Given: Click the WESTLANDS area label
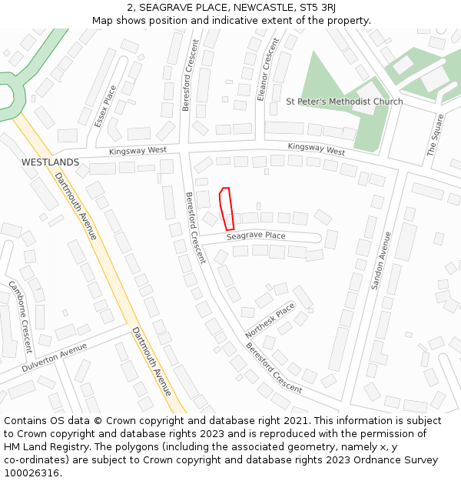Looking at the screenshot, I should [x=50, y=162].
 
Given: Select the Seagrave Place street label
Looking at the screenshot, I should [x=256, y=236].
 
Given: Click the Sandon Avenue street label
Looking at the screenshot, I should [x=381, y=260].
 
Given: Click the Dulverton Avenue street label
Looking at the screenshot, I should [x=55, y=358].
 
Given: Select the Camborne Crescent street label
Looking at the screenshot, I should [x=20, y=316].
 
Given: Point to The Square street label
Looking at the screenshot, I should [x=436, y=135].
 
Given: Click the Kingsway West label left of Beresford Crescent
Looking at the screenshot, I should [x=138, y=151].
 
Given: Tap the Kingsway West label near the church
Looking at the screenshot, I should [x=316, y=149].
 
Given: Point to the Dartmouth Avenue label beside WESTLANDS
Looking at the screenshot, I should [x=75, y=205].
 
